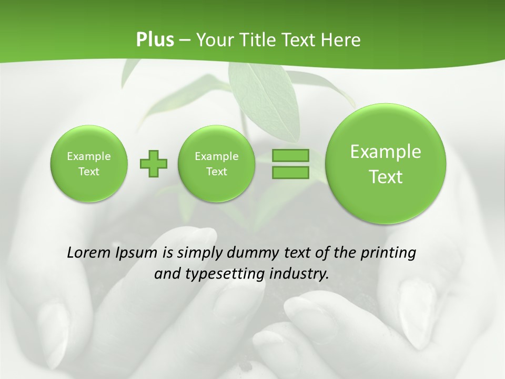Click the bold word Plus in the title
click(155, 40)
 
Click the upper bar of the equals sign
click(290, 156)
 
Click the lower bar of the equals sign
click(290, 172)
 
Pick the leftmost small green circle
click(89, 164)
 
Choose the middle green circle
click(216, 164)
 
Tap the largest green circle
click(386, 164)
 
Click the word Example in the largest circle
click(386, 152)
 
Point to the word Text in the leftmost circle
click(89, 172)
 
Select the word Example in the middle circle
click(216, 156)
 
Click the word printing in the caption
click(388, 253)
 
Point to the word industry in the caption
click(298, 274)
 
